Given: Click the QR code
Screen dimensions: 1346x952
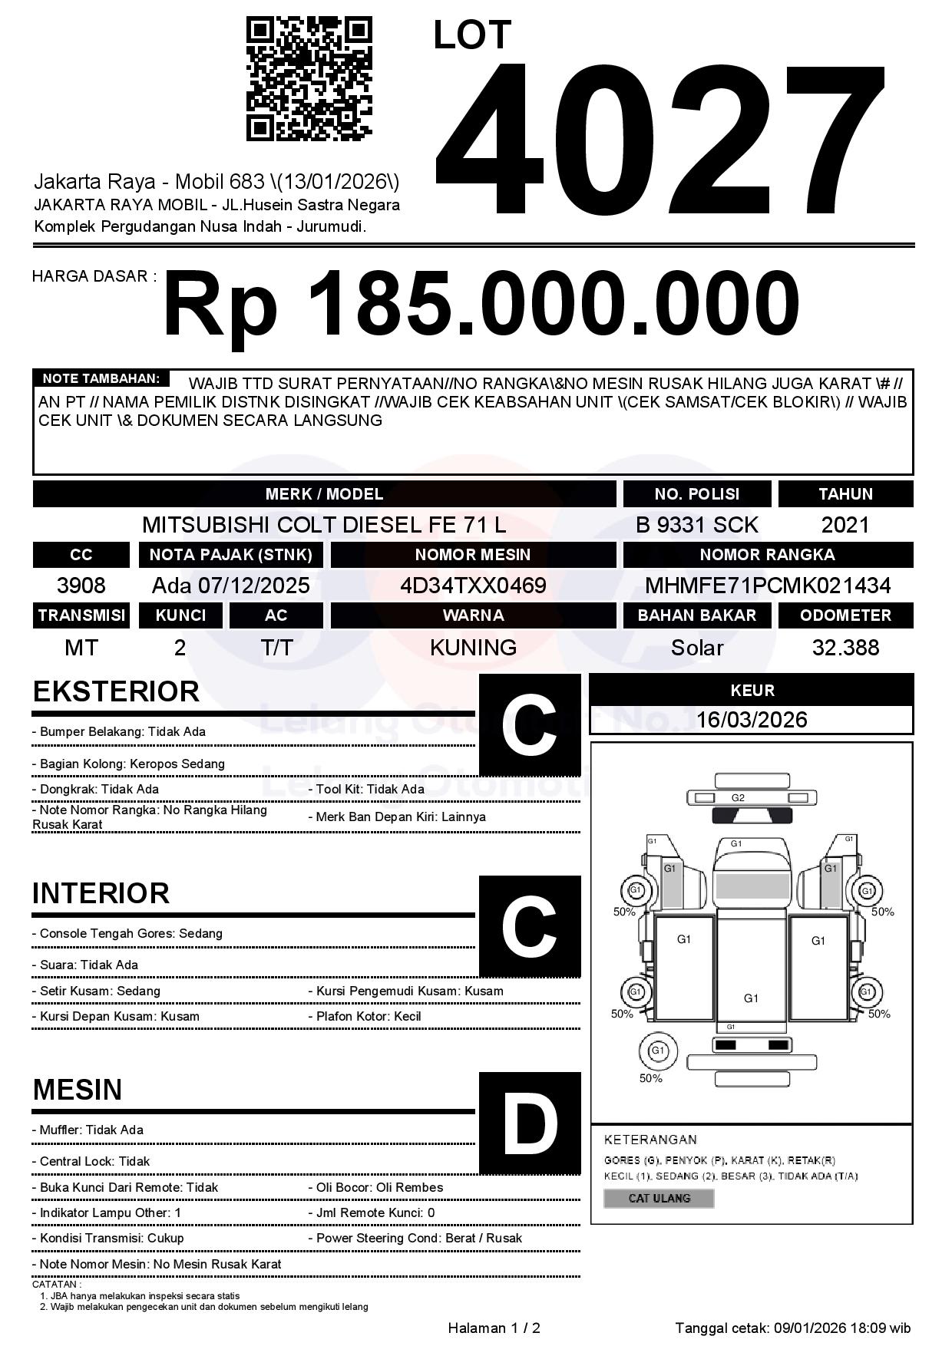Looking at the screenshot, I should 309,79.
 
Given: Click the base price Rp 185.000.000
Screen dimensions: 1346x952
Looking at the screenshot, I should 481,303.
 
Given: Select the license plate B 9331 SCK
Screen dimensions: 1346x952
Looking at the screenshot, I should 696,525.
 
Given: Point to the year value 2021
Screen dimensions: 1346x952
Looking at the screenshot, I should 845,525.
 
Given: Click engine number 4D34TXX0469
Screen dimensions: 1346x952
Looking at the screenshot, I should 473,586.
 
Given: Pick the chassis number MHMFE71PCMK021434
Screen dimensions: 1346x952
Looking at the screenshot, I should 768,586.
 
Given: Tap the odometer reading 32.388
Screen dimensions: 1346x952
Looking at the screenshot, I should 845,648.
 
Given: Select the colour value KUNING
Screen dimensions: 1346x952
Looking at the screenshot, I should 473,648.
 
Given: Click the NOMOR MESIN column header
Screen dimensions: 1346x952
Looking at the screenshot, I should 473,555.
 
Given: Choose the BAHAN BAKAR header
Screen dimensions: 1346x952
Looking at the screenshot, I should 696,615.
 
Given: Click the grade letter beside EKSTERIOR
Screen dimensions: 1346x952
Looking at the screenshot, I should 530,725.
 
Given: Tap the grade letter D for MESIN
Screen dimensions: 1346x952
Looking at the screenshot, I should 530,1123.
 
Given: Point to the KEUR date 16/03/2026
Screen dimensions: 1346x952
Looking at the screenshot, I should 752,720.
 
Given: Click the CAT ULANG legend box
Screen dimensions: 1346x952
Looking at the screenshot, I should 659,1198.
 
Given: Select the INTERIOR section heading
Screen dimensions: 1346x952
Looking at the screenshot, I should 101,893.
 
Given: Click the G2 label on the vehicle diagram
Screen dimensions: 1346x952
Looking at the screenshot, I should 738,797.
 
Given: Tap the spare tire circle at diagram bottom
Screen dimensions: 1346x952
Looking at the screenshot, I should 658,1051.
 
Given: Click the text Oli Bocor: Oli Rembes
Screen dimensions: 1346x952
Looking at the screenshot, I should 380,1187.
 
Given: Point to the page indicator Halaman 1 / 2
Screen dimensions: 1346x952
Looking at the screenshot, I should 494,1328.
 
